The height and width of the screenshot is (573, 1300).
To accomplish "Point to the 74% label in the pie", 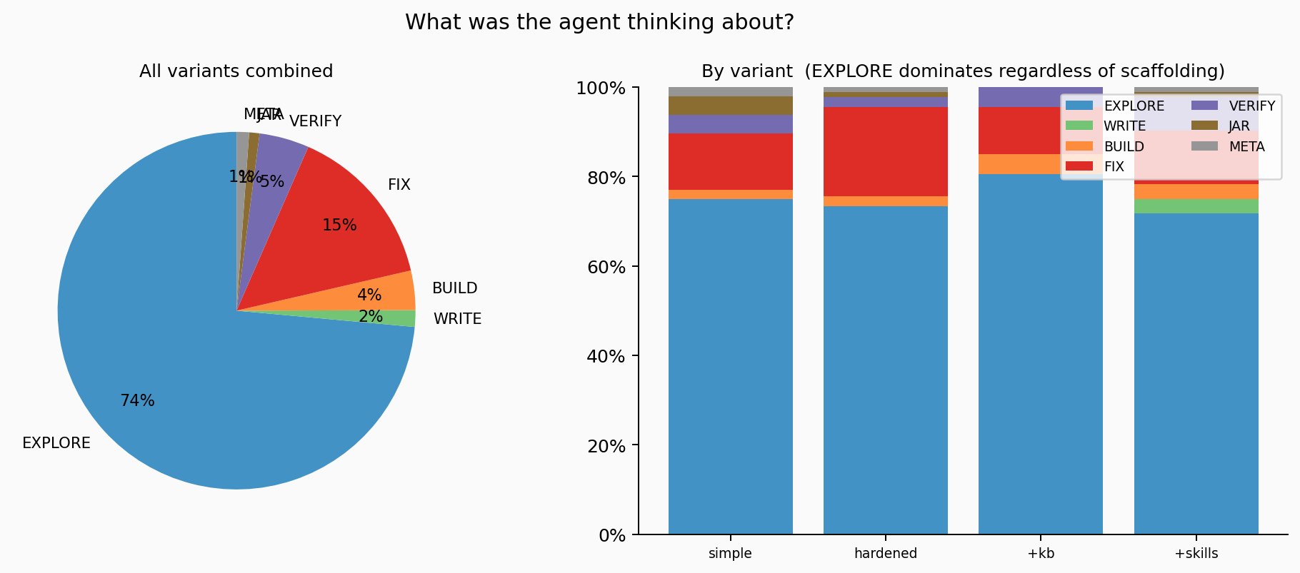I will point(137,401).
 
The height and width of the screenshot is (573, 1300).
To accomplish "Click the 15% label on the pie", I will point(339,225).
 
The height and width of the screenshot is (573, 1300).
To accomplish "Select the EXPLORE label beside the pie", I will point(56,443).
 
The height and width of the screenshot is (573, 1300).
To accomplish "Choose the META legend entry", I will point(1246,147).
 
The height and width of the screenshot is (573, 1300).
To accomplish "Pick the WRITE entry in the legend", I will point(1124,126).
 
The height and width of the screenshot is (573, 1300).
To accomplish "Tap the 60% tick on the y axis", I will point(601,267).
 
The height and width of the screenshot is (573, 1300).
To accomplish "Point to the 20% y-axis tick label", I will point(601,446).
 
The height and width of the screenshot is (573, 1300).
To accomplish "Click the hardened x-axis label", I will point(885,553).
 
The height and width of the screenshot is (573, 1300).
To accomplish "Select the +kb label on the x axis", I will point(1041,553).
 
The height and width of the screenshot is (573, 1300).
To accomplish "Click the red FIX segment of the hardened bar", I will point(885,151).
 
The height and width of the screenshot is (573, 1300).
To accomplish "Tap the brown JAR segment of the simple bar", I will point(730,106).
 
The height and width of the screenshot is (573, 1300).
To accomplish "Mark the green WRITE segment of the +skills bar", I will point(1196,206).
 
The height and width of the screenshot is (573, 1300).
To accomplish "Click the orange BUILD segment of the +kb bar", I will point(1041,164).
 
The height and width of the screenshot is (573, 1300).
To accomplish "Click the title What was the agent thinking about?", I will point(599,23).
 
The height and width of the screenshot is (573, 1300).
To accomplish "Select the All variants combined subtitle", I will point(236,71).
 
